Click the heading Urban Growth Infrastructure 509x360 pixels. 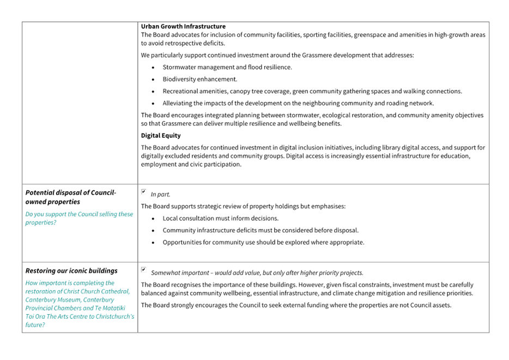tap(183, 26)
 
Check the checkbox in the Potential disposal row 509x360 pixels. tap(144, 192)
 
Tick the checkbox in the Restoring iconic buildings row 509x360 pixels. tap(144, 270)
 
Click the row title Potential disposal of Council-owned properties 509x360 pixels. tap(70, 197)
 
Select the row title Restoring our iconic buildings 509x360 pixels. tap(71, 271)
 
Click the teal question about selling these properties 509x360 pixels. tap(79, 218)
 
